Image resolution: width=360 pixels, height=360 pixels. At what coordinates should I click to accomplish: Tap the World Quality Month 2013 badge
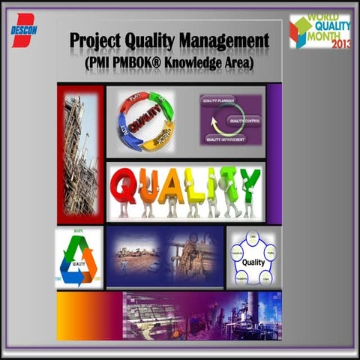coord(320,31)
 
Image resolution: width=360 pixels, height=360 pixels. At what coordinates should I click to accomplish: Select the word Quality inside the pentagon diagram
coord(253,262)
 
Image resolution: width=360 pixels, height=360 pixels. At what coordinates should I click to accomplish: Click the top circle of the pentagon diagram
coord(253,236)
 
